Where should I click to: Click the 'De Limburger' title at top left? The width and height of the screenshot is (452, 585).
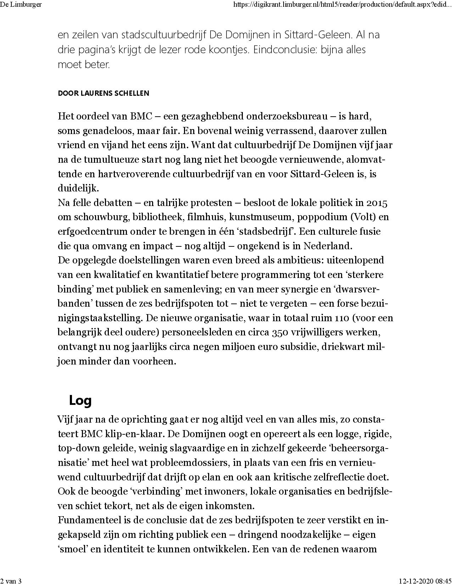21,5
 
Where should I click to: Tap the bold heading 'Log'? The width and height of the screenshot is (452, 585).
80,400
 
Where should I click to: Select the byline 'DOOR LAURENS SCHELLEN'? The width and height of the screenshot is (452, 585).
104,94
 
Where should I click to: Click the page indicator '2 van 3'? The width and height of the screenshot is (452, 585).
11,581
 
